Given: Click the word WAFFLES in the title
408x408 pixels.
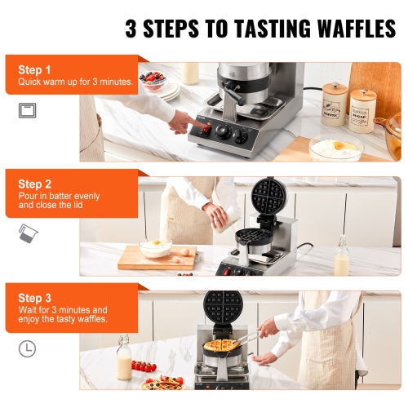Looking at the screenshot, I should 343,29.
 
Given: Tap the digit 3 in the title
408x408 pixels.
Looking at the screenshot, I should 134,29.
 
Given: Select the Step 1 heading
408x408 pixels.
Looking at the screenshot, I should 35,70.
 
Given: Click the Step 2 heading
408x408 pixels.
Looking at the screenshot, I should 35,184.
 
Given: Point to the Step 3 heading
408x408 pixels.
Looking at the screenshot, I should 35,298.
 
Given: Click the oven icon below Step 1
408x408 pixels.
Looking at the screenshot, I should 28,110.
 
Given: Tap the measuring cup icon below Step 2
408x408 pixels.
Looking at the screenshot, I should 26,234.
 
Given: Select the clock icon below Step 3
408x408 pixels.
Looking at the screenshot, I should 28,348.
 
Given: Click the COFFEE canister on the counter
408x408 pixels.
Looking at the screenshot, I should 335,103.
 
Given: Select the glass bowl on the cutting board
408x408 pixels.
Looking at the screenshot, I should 155,247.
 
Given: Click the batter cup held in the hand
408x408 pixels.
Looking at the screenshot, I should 219,217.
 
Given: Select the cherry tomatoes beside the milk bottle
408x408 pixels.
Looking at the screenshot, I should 144,366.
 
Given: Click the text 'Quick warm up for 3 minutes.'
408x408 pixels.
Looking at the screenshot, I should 76,82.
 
